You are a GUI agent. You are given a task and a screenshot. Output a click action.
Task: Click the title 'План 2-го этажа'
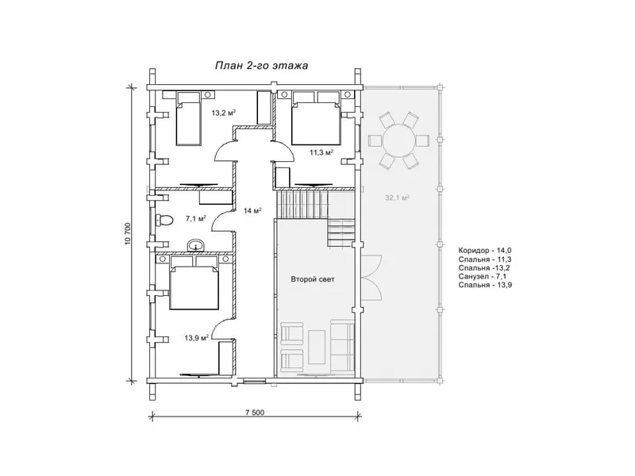click(261, 66)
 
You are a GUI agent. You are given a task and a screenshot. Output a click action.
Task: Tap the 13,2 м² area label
click(224, 113)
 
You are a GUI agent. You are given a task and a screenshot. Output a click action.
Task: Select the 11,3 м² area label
click(321, 152)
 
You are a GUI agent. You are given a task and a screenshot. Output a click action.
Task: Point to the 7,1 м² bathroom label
click(196, 219)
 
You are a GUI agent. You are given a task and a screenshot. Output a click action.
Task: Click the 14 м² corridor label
click(252, 210)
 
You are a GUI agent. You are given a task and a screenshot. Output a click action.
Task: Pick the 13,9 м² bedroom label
click(196, 338)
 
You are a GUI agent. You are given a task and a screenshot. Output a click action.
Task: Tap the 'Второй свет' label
click(313, 279)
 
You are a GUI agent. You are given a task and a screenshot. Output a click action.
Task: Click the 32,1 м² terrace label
click(397, 198)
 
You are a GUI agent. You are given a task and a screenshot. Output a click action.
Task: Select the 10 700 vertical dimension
click(128, 234)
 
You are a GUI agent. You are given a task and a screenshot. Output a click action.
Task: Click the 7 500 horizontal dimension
click(255, 413)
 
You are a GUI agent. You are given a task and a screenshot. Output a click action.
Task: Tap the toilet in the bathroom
click(164, 221)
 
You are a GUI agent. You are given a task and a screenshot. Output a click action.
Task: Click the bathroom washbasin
click(197, 246)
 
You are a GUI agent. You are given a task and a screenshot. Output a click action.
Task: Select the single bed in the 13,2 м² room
click(188, 118)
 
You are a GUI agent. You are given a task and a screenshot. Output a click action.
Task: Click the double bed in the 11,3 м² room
click(315, 117)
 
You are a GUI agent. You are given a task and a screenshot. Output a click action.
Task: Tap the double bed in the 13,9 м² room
click(194, 282)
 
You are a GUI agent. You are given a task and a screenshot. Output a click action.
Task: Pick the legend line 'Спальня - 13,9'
click(483, 285)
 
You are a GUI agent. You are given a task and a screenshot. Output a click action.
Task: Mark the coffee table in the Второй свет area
click(317, 347)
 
